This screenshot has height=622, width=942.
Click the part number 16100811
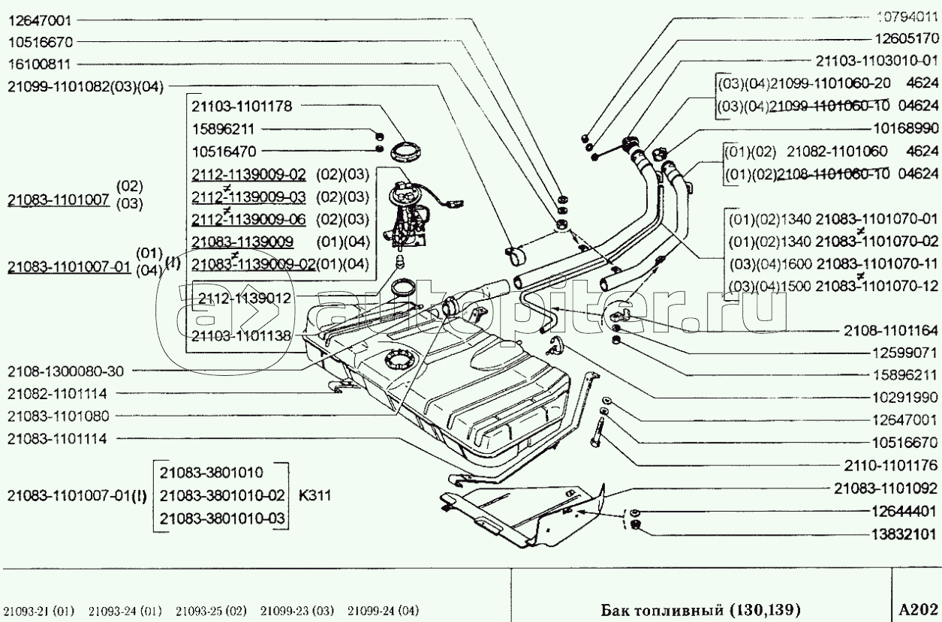pyautogui.click(x=40, y=65)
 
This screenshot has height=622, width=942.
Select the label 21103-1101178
pyautogui.click(x=242, y=107)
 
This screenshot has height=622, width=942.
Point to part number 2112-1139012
pyautogui.click(x=245, y=299)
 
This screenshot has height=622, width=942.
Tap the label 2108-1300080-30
pyautogui.click(x=66, y=371)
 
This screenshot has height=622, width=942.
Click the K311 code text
pyautogui.click(x=315, y=495)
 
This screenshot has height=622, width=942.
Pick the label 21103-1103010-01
pyautogui.click(x=877, y=62)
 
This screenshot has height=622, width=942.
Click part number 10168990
pyautogui.click(x=906, y=128)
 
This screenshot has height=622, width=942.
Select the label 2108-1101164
pyautogui.click(x=891, y=331)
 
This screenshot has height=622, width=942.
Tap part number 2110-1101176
pyautogui.click(x=891, y=465)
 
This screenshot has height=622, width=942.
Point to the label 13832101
pyautogui.click(x=904, y=534)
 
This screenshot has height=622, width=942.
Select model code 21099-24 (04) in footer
pyautogui.click(x=383, y=610)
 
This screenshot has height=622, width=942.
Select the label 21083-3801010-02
pyautogui.click(x=222, y=495)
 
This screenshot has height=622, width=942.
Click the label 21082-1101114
pyautogui.click(x=58, y=394)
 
